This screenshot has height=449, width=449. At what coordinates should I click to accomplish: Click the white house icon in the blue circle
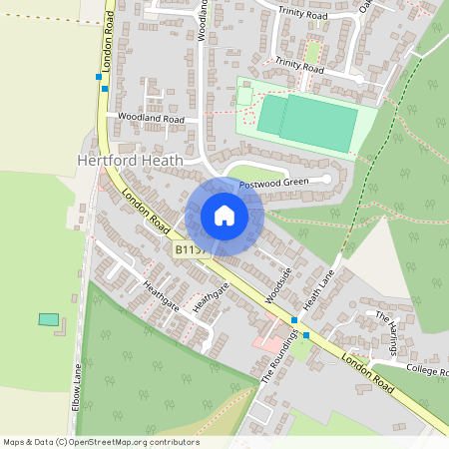click(x=224, y=216)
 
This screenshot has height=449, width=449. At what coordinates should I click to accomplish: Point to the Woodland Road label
click(x=151, y=118)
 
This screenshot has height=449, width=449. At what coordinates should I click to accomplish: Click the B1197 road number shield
click(x=191, y=248)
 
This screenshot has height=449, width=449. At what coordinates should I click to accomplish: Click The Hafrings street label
click(x=385, y=325)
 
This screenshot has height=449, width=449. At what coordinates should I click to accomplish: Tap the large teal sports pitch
click(x=307, y=123)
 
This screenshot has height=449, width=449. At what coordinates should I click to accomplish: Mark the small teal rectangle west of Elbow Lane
click(x=48, y=319)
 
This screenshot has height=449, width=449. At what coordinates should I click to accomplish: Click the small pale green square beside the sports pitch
click(x=244, y=96)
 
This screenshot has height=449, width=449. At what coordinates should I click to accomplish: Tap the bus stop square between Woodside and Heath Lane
click(x=293, y=320)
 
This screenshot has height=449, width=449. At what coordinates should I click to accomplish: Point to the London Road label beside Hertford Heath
click(x=142, y=211)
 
